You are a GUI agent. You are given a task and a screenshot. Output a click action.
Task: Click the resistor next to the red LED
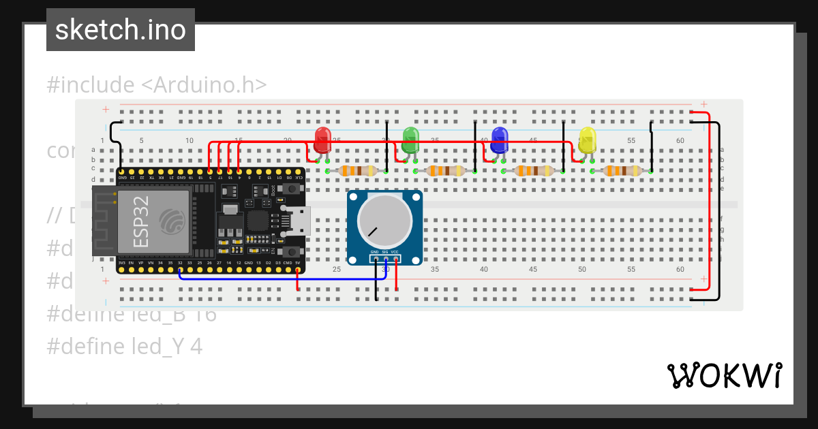pyautogui.click(x=357, y=171)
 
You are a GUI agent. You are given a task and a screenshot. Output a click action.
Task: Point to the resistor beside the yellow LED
pyautogui.click(x=622, y=171)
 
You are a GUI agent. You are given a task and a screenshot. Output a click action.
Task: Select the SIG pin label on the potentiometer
pyautogui.click(x=385, y=252)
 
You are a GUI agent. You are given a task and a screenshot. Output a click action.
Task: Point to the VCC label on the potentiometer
pyautogui.click(x=395, y=252)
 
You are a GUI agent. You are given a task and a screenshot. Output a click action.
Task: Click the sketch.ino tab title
pyautogui.click(x=121, y=30)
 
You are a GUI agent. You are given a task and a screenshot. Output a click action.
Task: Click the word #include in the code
pyautogui.click(x=91, y=85)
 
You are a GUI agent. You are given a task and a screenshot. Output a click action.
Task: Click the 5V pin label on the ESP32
pyautogui.click(x=298, y=262)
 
